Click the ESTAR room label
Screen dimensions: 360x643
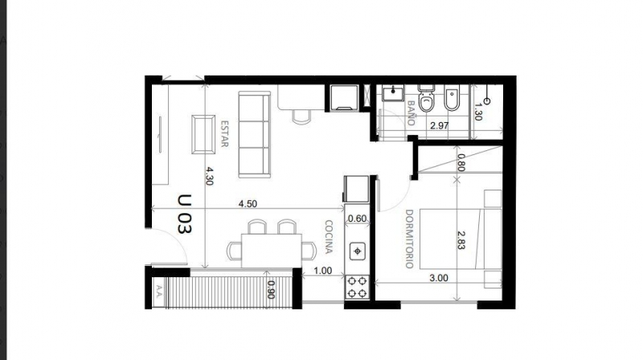pos(226,134)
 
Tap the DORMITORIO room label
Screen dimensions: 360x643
pos(409,239)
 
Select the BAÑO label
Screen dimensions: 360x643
pos(411,113)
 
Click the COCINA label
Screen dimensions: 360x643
pos(330,238)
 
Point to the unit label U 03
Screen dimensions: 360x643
pos(184,213)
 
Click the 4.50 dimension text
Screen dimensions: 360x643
pos(248,204)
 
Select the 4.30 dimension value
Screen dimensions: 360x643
pos(210,176)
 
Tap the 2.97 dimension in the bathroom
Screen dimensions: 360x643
pos(439,126)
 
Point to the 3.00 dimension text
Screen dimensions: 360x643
pos(440,277)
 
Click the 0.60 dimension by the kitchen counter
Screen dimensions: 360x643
pos(357,219)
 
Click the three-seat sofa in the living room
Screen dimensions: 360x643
pos(255,134)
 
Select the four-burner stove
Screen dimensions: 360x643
pos(358,286)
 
